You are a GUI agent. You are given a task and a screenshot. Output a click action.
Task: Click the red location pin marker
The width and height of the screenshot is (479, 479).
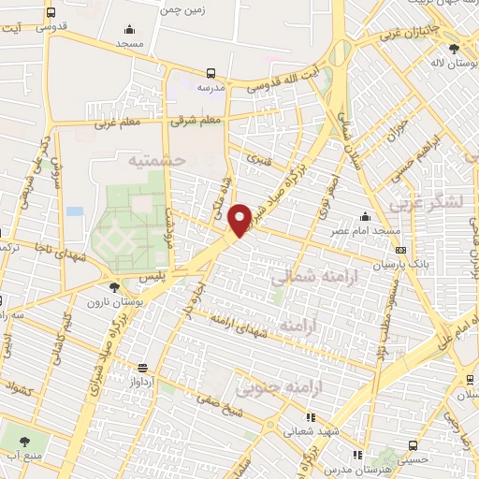[239, 219]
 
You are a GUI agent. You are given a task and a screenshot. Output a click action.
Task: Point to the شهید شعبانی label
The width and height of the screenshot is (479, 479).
[311, 430]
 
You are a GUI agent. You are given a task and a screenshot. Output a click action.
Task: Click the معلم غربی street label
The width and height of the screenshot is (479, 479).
[117, 123]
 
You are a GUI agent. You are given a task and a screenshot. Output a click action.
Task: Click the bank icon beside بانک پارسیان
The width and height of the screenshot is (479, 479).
[400, 250]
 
